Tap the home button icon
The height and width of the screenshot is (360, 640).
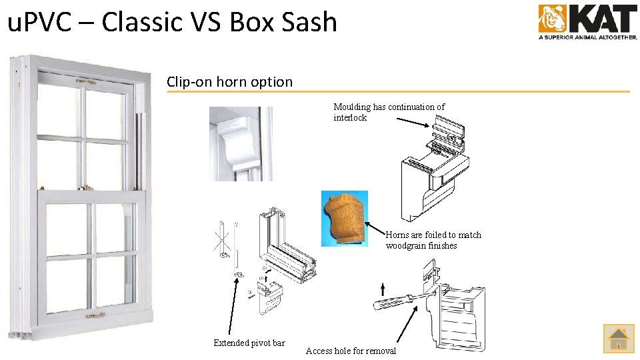point(618,338)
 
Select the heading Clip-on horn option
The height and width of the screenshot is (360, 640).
point(229,82)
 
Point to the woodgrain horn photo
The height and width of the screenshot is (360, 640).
point(344,219)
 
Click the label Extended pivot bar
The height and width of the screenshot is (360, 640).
point(249,343)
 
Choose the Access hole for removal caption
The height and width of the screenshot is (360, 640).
point(351,351)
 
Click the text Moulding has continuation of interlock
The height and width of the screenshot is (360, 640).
point(389,112)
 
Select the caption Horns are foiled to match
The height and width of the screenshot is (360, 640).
point(433,235)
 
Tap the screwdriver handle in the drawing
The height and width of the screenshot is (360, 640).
point(386,303)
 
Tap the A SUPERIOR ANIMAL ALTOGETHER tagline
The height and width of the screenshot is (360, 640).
point(587,37)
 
